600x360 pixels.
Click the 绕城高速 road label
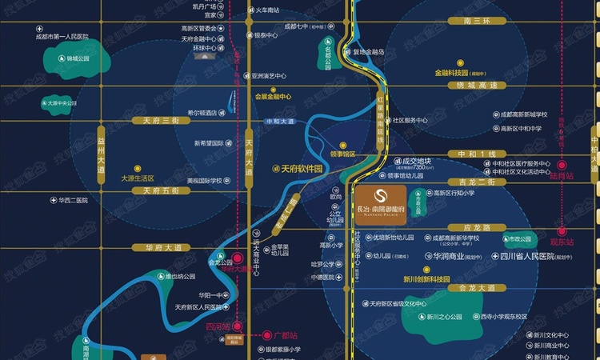pyautogui.click(x=472, y=85)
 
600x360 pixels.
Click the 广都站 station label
pyautogui.click(x=285, y=334)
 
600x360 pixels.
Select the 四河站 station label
pyautogui.click(x=217, y=326)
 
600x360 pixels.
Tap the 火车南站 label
pyautogui.click(x=268, y=10)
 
